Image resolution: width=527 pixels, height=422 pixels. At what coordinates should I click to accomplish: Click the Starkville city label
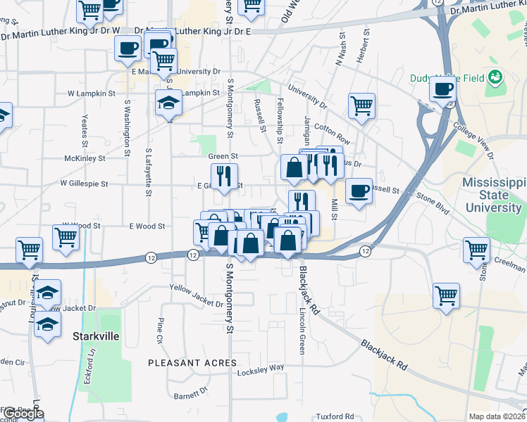coord(96,336)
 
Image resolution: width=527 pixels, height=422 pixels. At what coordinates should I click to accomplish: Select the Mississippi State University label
coord(493,195)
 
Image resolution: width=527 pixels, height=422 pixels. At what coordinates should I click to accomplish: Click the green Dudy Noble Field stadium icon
coord(495,76)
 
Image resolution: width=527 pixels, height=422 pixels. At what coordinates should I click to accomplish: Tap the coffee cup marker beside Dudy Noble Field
coord(443,90)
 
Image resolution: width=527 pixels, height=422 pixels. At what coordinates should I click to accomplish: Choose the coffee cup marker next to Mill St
coord(359,191)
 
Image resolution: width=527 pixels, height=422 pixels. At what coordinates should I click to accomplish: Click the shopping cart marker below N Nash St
coord(361,106)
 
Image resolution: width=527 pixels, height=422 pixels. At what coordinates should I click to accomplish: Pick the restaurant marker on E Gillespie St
coord(225,176)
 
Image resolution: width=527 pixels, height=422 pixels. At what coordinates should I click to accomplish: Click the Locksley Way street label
coord(260,368)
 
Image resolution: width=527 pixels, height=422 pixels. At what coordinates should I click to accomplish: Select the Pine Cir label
coord(160,330)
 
